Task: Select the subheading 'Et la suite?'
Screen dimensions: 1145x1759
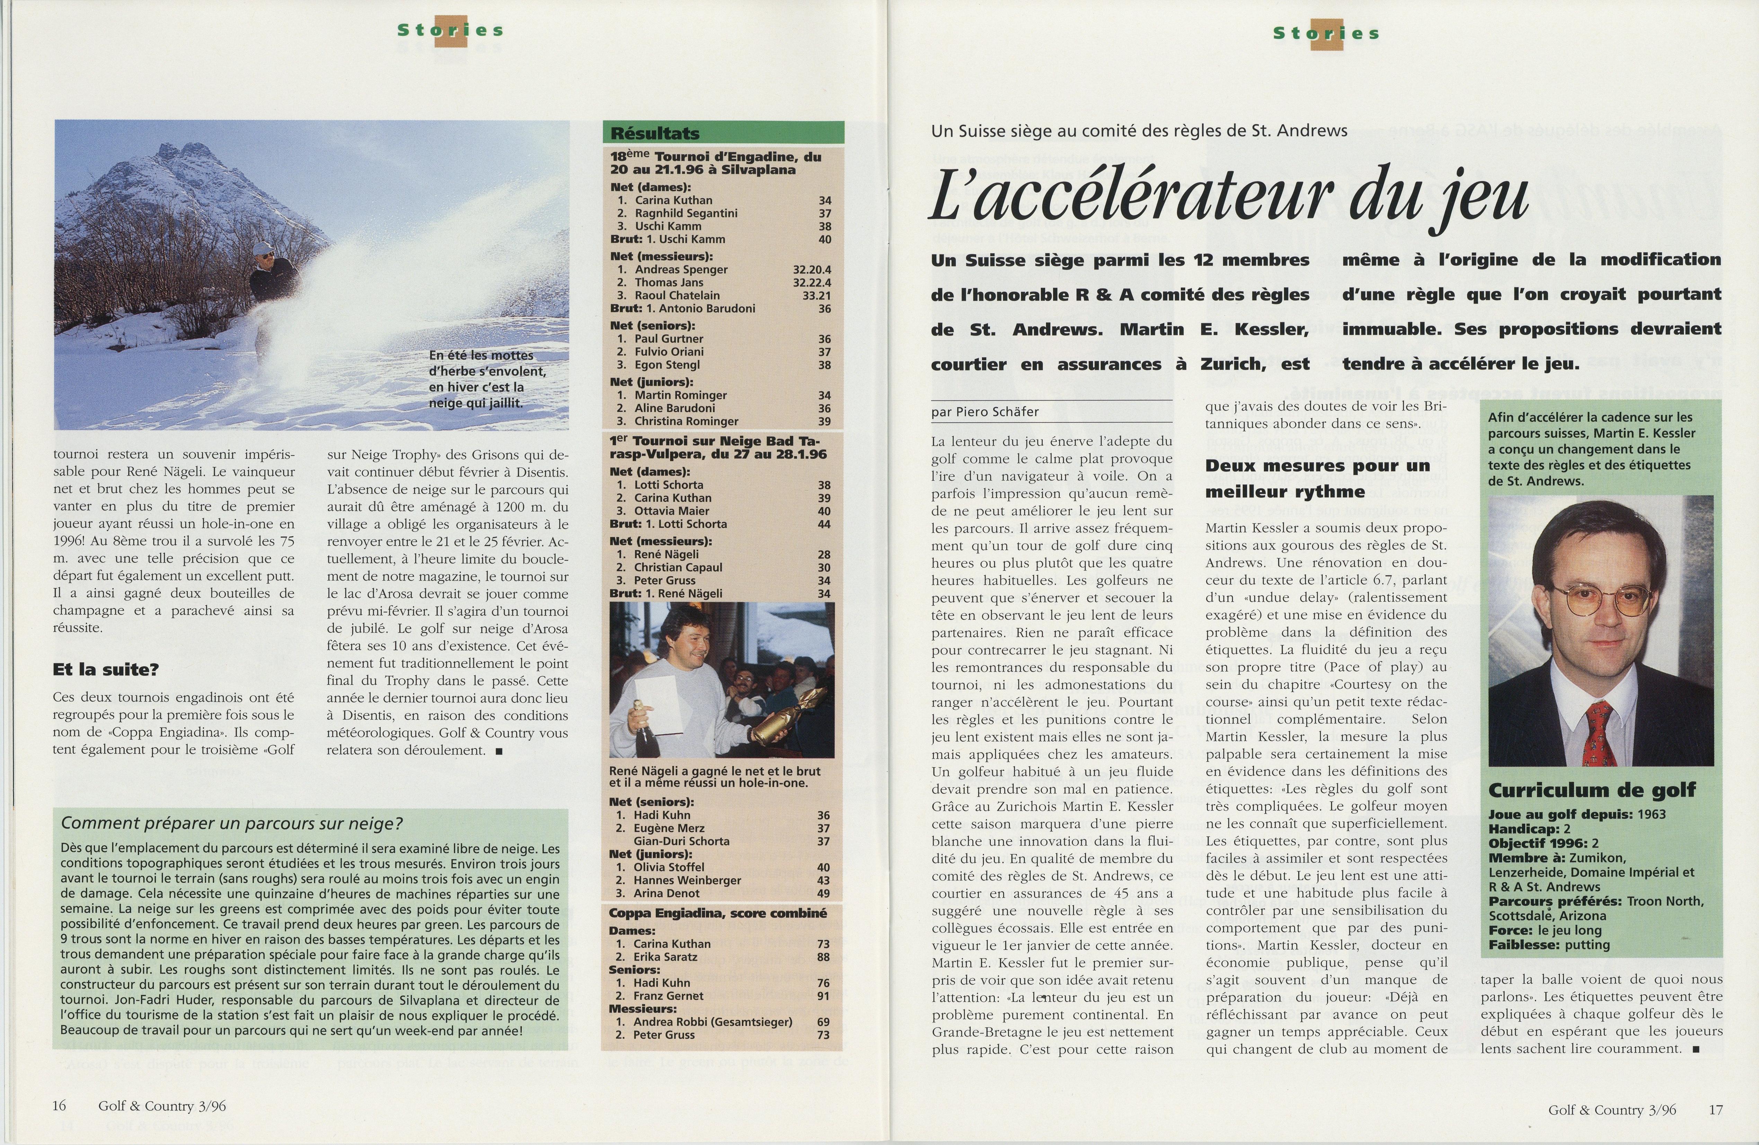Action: pos(106,670)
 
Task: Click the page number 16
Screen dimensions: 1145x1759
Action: pos(59,1106)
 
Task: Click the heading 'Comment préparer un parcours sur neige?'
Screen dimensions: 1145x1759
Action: pos(232,823)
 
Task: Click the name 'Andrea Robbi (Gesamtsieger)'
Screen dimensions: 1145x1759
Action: pos(713,1022)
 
